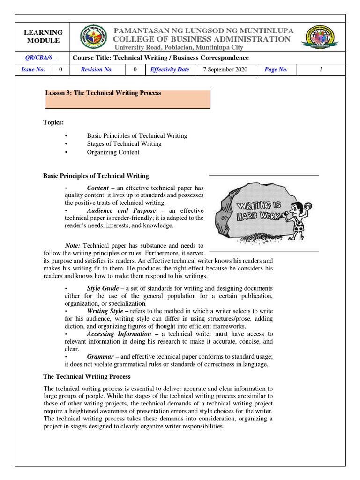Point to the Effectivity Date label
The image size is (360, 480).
[x=169, y=69]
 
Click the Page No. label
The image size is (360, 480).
[x=276, y=69]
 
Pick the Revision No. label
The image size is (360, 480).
[x=97, y=69]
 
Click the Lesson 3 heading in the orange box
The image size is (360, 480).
[x=103, y=93]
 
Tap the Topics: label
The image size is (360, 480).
[x=53, y=122]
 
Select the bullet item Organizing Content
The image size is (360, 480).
[x=113, y=152]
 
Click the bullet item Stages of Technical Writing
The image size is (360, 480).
[x=124, y=144]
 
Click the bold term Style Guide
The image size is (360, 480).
[x=103, y=288]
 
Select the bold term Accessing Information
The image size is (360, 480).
[x=119, y=334]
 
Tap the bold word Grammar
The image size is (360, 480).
[x=100, y=357]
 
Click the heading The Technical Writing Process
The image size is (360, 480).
[x=87, y=376]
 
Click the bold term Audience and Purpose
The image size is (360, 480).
[x=121, y=210]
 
